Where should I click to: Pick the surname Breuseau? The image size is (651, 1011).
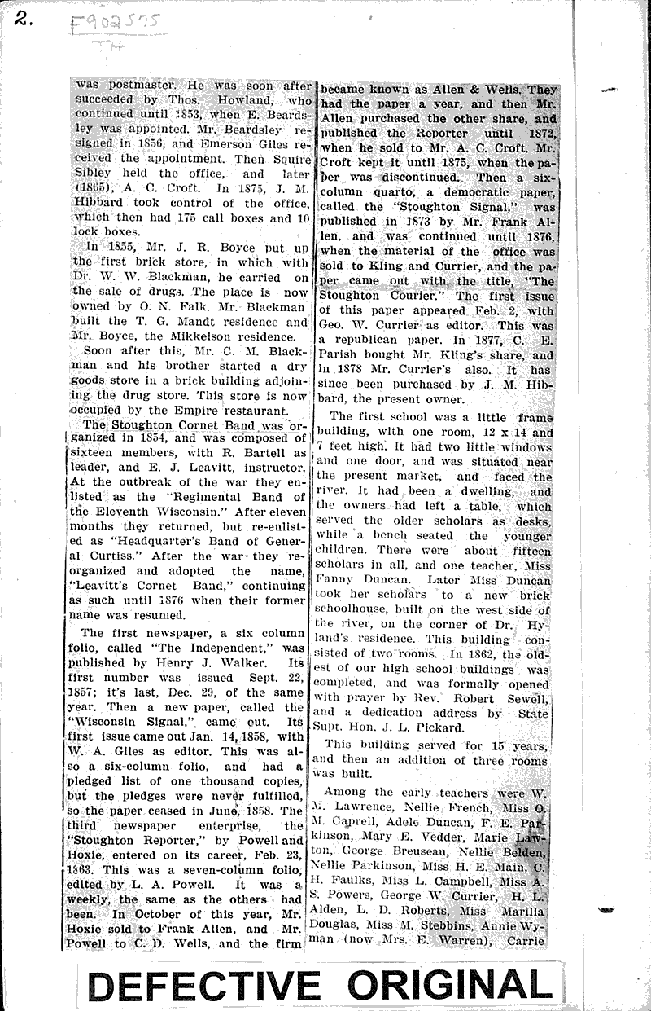click(423, 848)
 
